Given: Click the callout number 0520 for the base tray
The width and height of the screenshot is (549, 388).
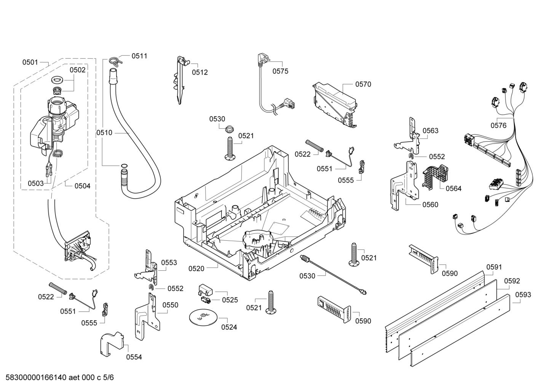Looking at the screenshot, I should coord(196,268).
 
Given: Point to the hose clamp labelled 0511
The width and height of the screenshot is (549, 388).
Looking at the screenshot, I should coord(114,60).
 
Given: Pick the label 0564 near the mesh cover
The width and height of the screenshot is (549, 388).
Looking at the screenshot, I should coord(453,188).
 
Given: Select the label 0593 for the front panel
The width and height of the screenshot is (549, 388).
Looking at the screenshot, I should coord(523,295).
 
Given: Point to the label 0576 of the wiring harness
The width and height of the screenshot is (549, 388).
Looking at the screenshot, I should coord(498,125).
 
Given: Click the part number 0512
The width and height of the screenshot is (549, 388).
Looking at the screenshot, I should coord(200,72).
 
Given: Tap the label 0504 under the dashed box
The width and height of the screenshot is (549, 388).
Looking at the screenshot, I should coord(82,186).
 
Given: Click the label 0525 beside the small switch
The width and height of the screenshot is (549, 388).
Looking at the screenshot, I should coord(230,300).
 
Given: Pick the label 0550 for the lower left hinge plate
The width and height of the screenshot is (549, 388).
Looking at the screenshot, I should coord(170,305).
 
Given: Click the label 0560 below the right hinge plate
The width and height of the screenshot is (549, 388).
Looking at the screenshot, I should coord(430,204).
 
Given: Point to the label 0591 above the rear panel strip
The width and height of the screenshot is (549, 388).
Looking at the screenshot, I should coord(494,267).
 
